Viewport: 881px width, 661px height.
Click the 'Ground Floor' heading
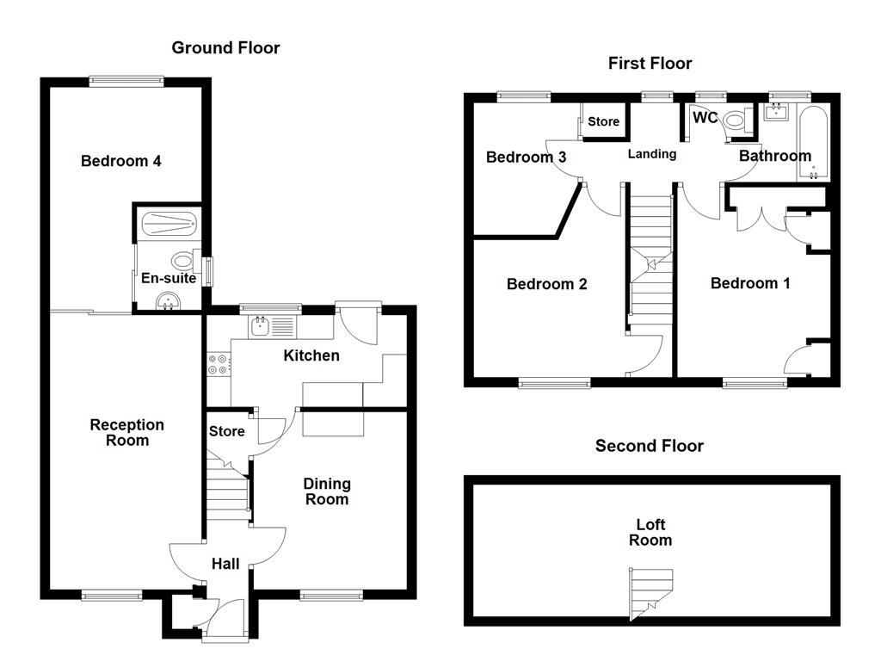point(225,48)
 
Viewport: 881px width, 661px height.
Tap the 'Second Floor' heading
point(650,446)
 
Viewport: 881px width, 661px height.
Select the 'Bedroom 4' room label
point(121,161)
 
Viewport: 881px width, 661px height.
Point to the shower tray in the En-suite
point(168,223)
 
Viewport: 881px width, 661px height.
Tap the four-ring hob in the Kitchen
point(219,364)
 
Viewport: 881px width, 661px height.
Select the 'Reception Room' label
point(126,433)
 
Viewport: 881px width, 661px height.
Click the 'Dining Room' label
point(327,491)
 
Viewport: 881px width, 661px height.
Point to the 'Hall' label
point(225,564)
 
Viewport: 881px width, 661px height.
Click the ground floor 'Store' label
point(227,431)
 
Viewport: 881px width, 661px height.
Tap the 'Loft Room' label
point(650,532)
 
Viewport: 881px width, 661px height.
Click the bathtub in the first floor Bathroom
point(813,144)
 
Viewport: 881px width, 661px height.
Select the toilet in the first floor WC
point(735,121)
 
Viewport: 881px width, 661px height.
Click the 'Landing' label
point(651,154)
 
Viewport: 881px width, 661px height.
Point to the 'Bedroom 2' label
point(546,284)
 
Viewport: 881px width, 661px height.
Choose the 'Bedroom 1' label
point(750,283)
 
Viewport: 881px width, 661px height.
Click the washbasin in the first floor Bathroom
point(779,112)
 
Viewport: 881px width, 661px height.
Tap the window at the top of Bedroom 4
point(126,81)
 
